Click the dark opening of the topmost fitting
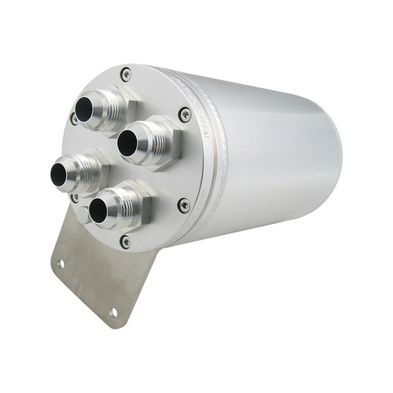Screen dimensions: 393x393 tap(84, 109)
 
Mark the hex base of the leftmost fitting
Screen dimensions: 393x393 tap(99, 167)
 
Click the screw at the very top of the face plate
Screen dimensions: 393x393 tap(126, 75)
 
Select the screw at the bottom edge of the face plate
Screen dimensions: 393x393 tap(126, 241)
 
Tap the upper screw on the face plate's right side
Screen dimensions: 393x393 tap(185, 114)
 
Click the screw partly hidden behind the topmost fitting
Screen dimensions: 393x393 tap(75, 119)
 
